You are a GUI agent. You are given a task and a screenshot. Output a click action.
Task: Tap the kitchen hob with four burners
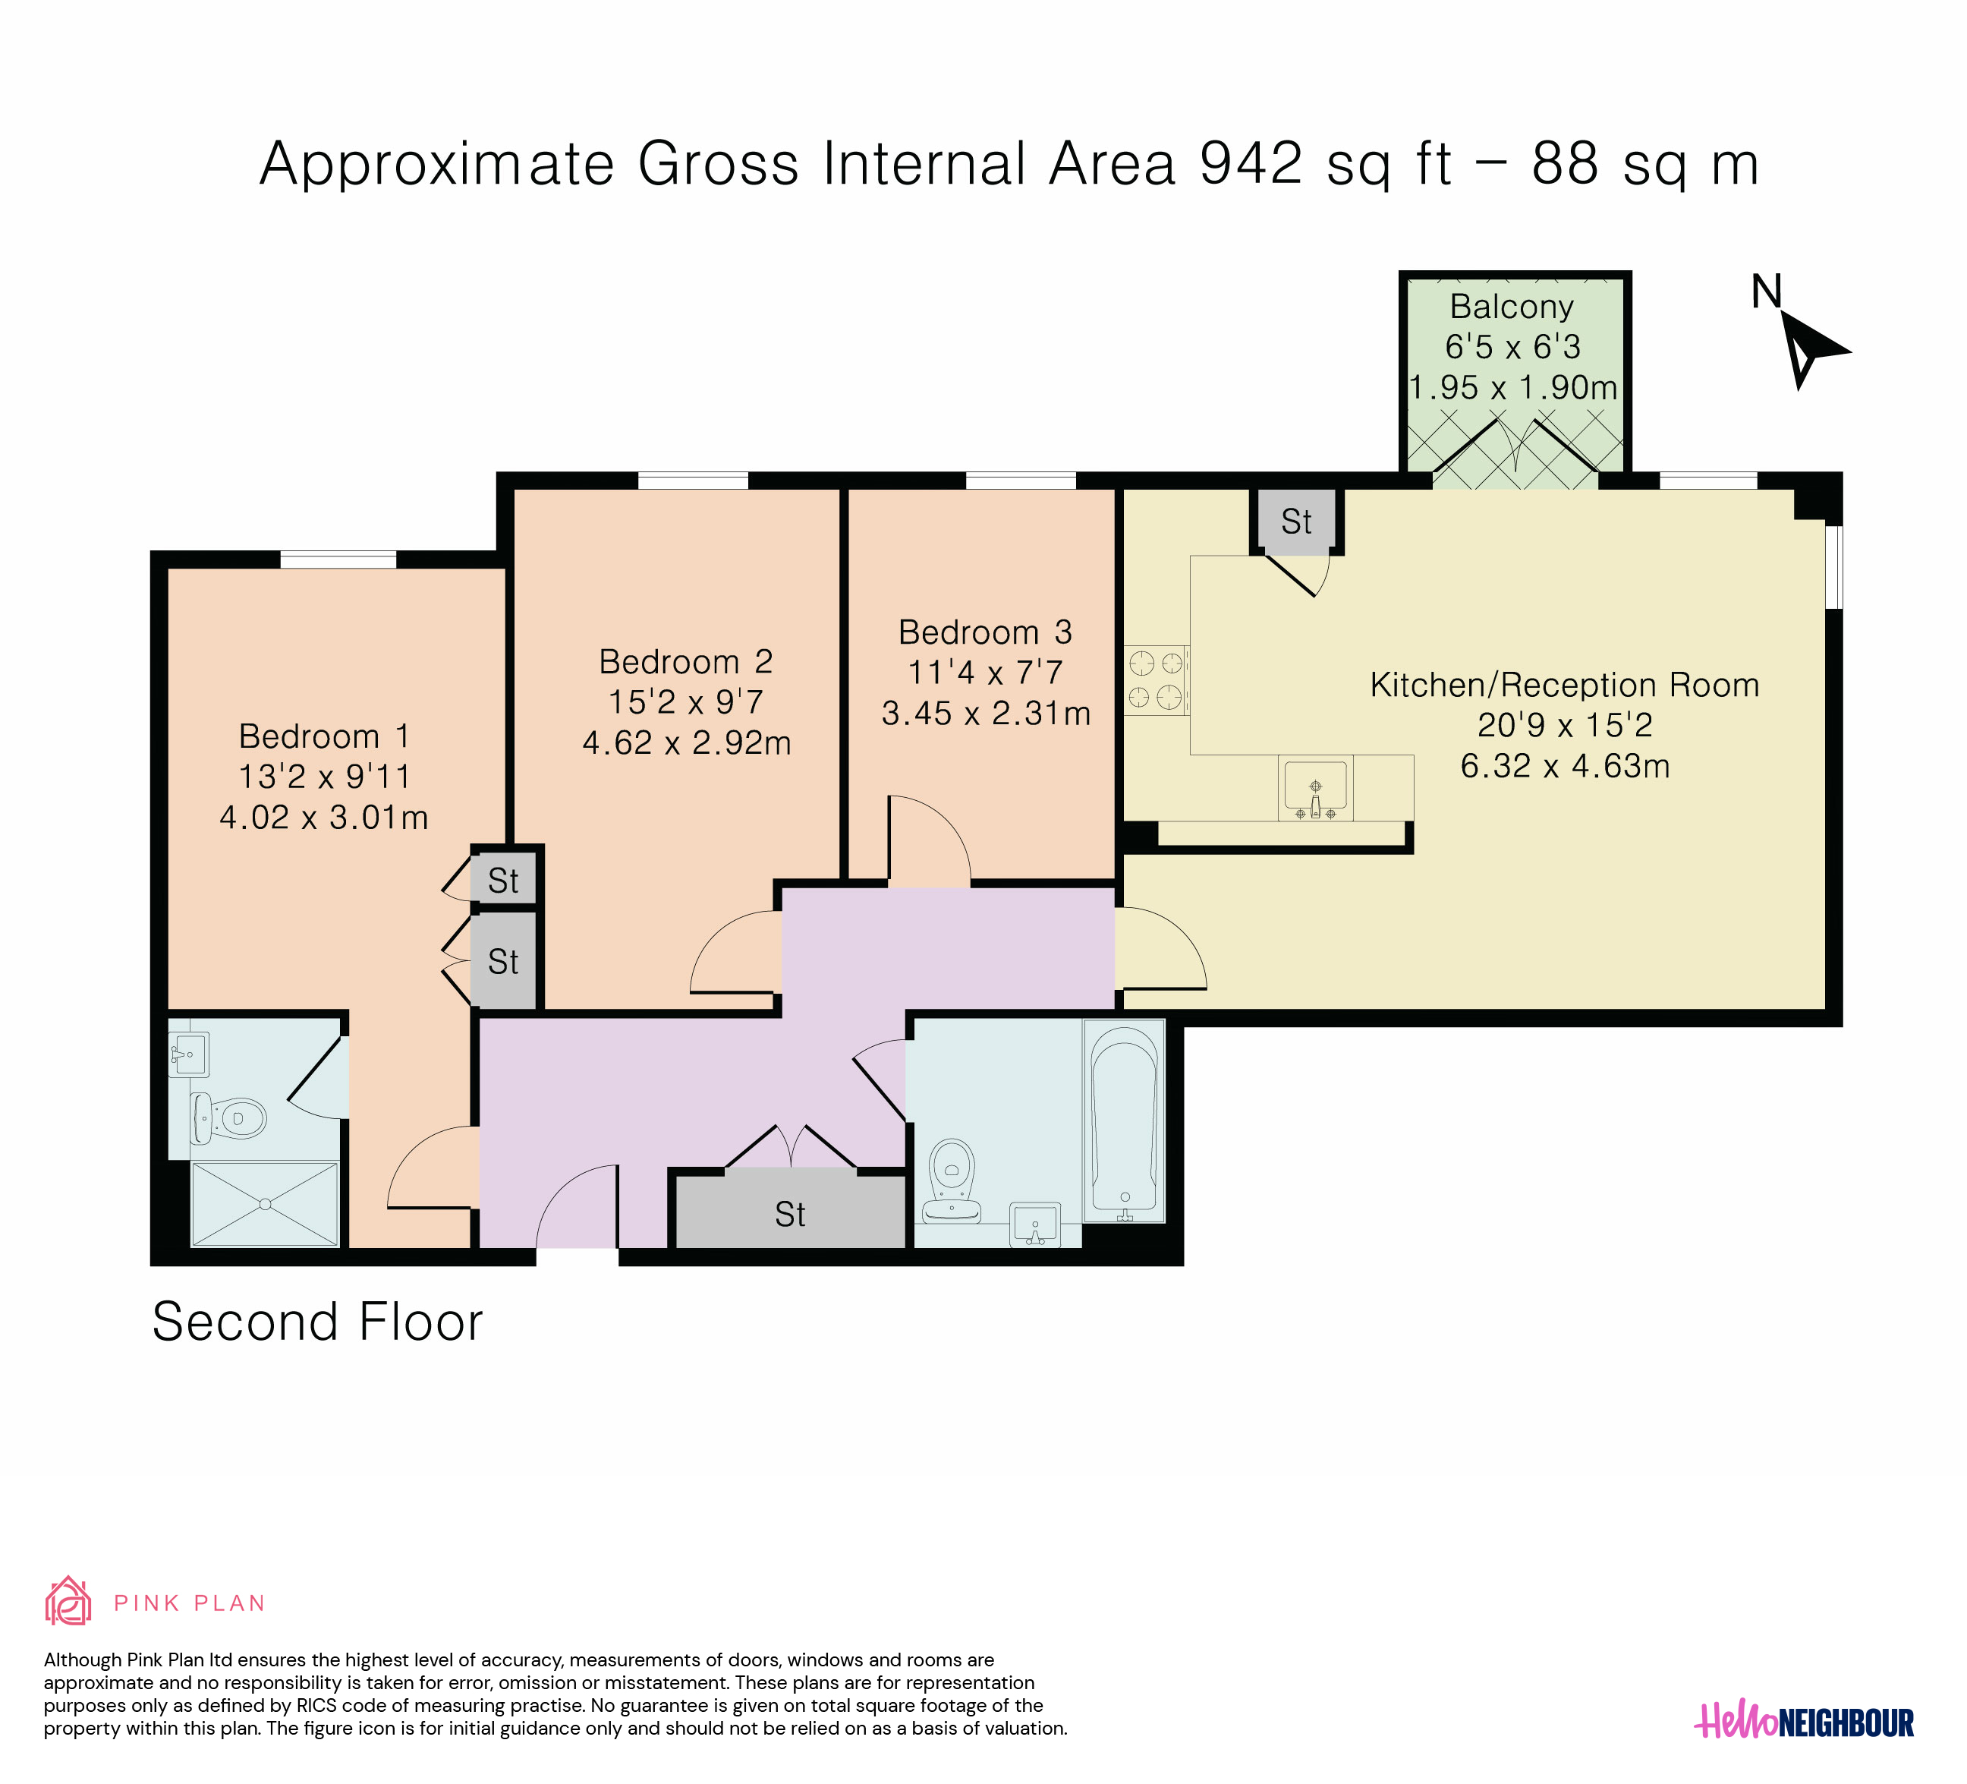coord(1157,680)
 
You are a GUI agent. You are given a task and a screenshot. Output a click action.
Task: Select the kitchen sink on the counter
coord(1315,787)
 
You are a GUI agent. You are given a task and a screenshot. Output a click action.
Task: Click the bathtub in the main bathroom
coord(1124,1121)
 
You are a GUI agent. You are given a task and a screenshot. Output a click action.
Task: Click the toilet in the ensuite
coord(228,1117)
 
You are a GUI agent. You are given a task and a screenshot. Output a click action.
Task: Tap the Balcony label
coord(1512,307)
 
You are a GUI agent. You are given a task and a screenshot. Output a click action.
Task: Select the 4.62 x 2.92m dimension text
coord(687,742)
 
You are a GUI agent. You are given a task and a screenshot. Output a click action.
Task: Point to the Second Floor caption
coord(317,1322)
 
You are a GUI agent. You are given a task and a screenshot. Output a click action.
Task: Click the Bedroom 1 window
coord(338,559)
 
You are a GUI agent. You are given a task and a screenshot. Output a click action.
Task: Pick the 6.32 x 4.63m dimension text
coord(1565,766)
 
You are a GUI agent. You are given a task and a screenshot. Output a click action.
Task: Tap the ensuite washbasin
coord(188,1054)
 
